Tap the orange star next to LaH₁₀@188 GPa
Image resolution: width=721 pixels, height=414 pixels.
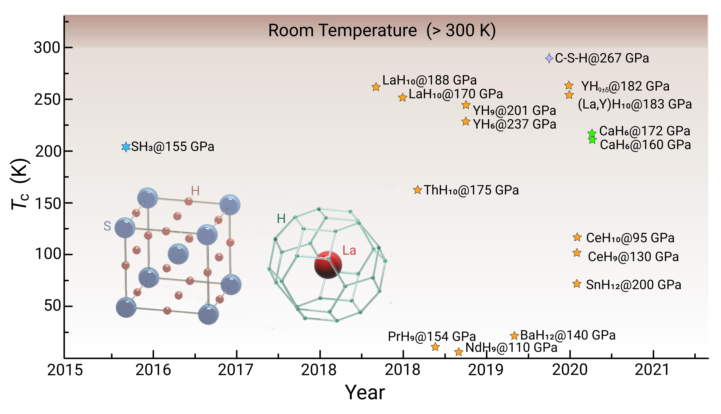tap(376, 87)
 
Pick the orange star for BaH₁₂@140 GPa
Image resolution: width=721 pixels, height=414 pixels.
tap(514, 336)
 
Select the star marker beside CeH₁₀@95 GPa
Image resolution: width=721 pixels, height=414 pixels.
tap(577, 237)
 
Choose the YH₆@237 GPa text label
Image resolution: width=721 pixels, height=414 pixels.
tap(514, 124)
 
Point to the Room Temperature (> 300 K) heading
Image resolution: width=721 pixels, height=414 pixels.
tap(382, 30)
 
